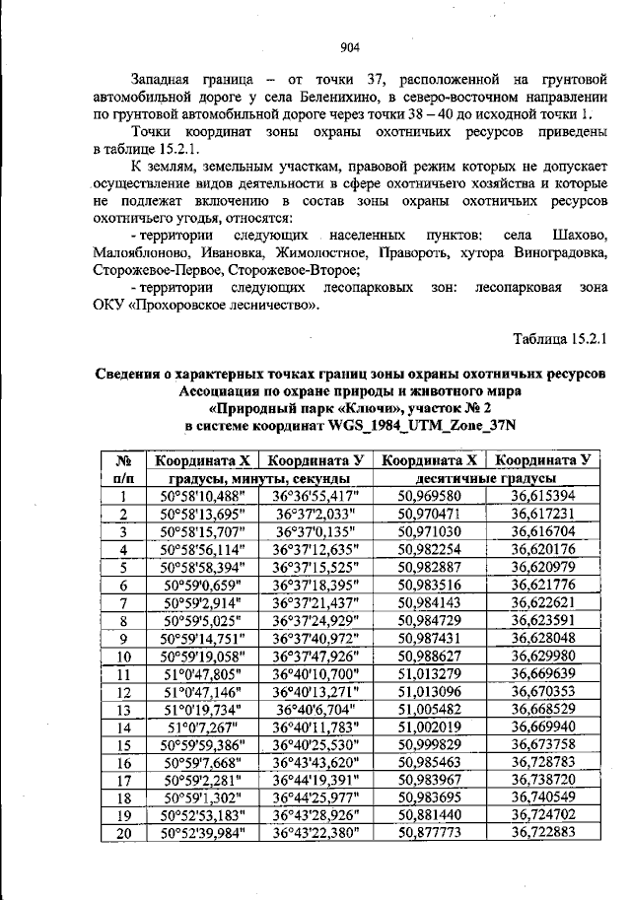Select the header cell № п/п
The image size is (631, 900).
coord(125,467)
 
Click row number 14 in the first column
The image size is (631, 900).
coord(124,727)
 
